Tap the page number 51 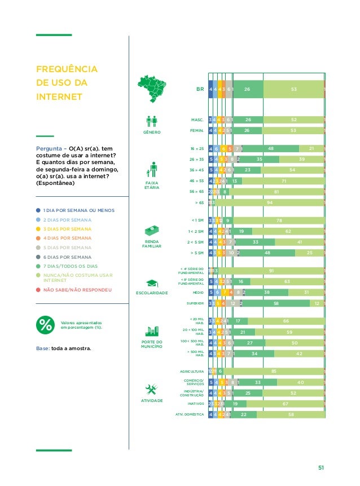[321, 467]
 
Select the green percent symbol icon [45, 325]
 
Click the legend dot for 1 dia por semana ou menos [38, 210]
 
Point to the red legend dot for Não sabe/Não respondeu [38, 290]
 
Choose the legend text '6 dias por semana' [64, 258]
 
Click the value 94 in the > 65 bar [269, 203]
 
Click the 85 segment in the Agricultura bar [273, 371]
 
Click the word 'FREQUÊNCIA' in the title [66, 70]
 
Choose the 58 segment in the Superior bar [276, 303]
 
